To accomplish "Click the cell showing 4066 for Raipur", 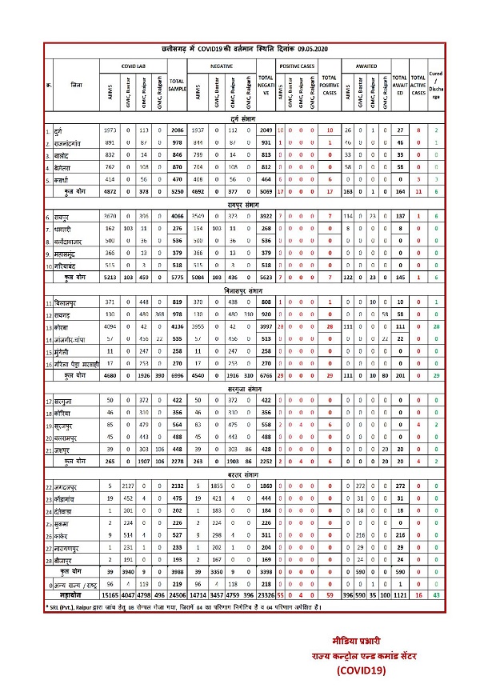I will tap(177, 194).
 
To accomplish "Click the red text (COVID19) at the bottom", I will tap(363, 670).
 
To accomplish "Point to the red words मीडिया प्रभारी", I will tap(364, 642).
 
